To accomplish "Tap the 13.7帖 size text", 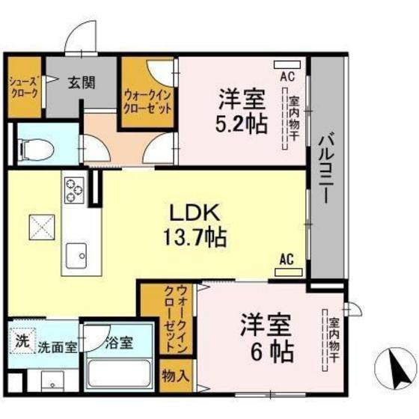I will pos(195,239).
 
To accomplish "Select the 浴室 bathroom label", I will pos(118,344).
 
